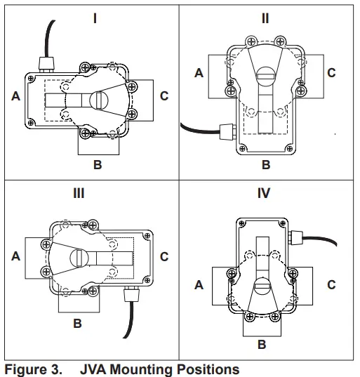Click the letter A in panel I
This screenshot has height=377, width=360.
(15, 97)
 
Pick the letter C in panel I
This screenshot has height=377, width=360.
(164, 95)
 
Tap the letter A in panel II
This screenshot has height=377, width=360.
(199, 72)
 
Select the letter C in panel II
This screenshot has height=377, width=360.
(331, 72)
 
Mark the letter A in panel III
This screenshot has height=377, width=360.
(15, 257)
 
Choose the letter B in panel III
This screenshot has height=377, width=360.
(77, 324)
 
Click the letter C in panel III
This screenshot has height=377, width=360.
(164, 257)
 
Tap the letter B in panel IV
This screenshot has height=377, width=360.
(261, 345)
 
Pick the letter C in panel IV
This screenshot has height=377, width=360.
(331, 285)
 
